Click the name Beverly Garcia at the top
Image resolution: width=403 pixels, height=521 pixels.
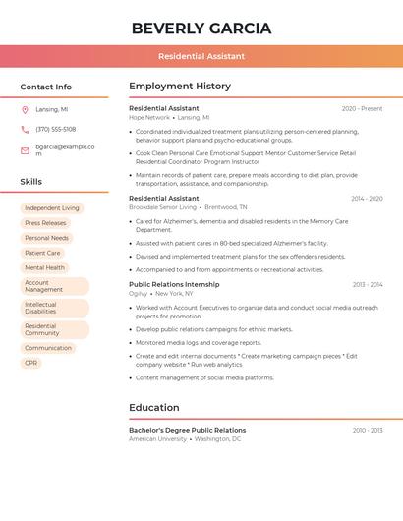coord(201,28)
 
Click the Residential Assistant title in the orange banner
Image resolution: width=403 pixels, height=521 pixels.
coord(201,56)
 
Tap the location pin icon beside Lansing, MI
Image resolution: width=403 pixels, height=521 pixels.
coord(25,109)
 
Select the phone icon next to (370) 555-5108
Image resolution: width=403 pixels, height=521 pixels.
coord(25,129)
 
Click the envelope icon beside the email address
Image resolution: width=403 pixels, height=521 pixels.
coord(25,150)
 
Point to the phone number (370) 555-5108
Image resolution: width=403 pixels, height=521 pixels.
coord(55,129)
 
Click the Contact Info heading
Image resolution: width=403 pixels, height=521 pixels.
coord(45,87)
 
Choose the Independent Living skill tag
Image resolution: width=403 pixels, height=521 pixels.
coord(52,208)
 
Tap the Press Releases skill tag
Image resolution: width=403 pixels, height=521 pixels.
coord(46,223)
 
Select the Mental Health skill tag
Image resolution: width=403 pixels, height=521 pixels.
coord(44,267)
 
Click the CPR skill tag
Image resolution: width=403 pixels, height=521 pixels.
coord(31,363)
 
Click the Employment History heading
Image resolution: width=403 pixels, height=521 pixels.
coord(180,87)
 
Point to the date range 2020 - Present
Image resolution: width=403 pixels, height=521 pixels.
coord(362,108)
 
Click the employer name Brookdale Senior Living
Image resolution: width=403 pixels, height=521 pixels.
coord(163,207)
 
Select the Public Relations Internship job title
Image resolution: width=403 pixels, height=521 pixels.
coord(174,284)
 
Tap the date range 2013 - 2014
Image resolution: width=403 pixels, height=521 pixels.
coord(368,284)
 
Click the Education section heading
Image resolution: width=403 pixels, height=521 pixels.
coord(154,408)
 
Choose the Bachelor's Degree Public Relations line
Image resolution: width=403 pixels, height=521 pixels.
coord(188,430)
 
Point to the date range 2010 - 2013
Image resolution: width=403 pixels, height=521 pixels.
coord(368,430)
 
